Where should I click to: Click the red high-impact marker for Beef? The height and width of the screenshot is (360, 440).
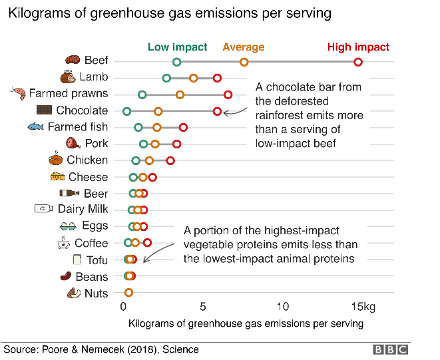coord(358,62)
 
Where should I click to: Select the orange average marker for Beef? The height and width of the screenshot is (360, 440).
coord(244,62)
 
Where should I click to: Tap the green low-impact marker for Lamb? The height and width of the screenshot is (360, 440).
coord(166,79)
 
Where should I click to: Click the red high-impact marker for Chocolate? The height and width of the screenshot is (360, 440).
coord(217,111)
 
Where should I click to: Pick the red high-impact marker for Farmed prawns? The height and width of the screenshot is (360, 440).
coord(228,94)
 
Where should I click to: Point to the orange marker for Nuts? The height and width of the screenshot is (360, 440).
coord(128,293)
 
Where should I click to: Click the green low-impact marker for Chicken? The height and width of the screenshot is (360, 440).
coord(136,160)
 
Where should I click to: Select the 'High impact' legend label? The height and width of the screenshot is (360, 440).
coord(358,47)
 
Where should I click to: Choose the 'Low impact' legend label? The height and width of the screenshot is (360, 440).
coord(177,47)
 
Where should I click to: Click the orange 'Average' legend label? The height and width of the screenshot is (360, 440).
coord(243,47)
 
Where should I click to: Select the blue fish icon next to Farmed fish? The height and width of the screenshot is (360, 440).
coord(36,126)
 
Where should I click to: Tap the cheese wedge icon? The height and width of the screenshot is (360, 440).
coord(58,176)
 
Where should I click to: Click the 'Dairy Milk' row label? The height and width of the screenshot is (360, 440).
coord(83,210)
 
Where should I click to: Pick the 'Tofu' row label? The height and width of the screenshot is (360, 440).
coord(97,260)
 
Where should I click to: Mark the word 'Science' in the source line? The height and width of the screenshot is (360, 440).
coord(180,349)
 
